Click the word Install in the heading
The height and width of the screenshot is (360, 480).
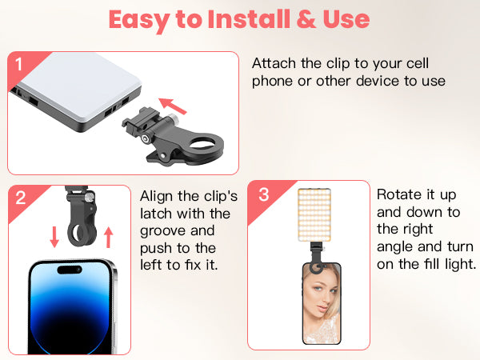[249, 19]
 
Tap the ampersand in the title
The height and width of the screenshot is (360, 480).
[306, 19]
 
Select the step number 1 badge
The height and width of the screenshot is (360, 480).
[19, 65]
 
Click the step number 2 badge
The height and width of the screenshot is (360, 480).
[21, 198]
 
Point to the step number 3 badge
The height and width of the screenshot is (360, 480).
[263, 194]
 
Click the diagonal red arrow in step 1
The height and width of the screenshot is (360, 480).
[172, 106]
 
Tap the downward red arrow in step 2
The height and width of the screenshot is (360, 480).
[54, 237]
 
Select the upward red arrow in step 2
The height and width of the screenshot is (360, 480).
[108, 237]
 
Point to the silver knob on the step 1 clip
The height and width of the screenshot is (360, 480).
[173, 118]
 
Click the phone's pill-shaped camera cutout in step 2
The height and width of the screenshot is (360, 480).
[70, 270]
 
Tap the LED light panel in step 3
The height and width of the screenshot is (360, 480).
[314, 215]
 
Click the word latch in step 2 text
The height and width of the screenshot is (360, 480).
[156, 214]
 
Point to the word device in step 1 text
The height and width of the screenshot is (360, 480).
[378, 81]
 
